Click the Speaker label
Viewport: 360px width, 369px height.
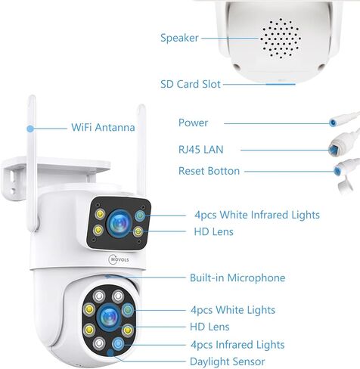[179, 38]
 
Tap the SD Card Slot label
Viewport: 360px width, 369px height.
[191, 84]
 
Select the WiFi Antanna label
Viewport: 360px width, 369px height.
[103, 127]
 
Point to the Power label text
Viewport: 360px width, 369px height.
[193, 122]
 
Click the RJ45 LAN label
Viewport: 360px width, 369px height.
[201, 150]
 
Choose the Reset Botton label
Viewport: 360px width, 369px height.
[209, 171]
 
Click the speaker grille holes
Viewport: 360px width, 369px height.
[281, 39]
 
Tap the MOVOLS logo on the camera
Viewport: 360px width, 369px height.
[119, 259]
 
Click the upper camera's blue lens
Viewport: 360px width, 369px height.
[119, 223]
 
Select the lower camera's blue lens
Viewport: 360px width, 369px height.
[109, 317]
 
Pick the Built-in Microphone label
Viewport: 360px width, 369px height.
[237, 278]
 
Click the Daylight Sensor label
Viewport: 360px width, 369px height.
[228, 361]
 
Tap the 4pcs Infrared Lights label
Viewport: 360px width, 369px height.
[237, 345]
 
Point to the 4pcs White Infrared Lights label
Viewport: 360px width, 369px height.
[257, 215]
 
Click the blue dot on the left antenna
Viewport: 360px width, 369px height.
[30, 129]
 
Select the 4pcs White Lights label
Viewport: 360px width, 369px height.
[233, 310]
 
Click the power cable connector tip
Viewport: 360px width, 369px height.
[334, 122]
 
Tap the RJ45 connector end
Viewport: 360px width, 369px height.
[332, 150]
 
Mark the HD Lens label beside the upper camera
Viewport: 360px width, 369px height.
[214, 231]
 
